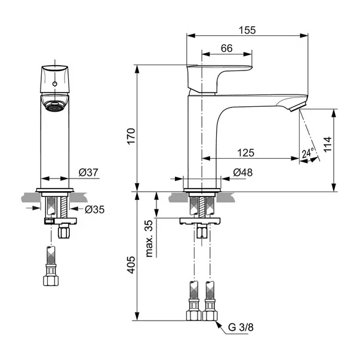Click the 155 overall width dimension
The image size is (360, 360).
click(x=247, y=30)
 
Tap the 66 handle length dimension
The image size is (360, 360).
click(x=227, y=48)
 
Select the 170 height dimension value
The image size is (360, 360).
click(x=131, y=136)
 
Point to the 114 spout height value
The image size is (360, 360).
click(x=328, y=144)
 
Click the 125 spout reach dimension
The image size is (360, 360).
click(x=245, y=153)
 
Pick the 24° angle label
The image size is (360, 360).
click(x=308, y=153)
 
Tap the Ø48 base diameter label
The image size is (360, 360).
click(x=243, y=173)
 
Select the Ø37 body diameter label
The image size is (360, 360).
click(x=88, y=172)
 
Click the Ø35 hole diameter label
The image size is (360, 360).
click(x=94, y=210)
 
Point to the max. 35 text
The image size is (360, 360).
click(x=149, y=239)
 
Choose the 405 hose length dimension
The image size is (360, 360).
click(x=131, y=265)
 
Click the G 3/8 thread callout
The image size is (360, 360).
click(x=241, y=327)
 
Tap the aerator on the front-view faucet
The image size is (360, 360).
click(x=55, y=106)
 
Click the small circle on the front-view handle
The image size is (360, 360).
click(x=55, y=84)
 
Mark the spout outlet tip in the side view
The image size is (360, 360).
click(x=298, y=107)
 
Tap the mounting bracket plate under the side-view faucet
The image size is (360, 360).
click(x=200, y=221)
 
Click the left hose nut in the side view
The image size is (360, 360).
click(x=194, y=315)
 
